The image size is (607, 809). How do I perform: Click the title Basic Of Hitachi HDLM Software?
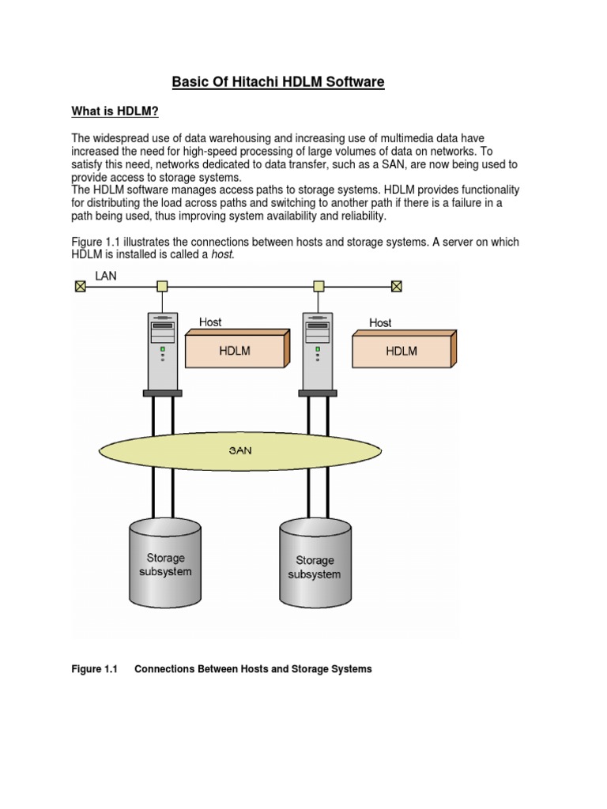(278, 81)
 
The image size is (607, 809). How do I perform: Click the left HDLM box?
(235, 351)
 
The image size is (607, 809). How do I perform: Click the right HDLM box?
(402, 351)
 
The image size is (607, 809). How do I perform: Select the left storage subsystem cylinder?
(165, 563)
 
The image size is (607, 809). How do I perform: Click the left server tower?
(163, 348)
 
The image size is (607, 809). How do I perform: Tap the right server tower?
(319, 348)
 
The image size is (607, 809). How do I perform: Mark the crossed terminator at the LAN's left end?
(80, 286)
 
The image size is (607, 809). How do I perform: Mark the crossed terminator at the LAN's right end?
(398, 286)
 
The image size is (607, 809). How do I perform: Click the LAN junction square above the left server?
(162, 286)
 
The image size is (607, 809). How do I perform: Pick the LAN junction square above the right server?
(319, 286)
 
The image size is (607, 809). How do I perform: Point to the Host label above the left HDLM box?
(210, 322)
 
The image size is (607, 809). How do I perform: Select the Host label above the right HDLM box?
(380, 322)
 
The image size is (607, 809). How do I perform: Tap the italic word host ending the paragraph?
(223, 255)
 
